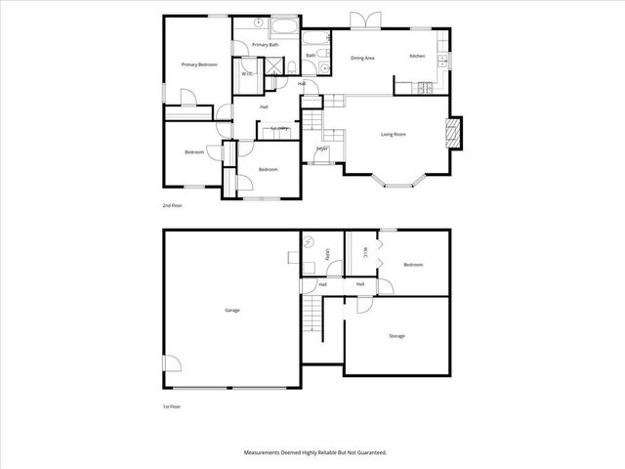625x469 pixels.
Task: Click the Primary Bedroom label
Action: (199, 64)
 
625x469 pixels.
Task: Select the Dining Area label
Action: (363, 57)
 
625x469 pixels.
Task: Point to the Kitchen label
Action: (417, 57)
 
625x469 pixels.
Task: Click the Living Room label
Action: (394, 134)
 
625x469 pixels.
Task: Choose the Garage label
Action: (232, 310)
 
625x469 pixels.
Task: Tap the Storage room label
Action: (396, 336)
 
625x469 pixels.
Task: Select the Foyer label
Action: (320, 149)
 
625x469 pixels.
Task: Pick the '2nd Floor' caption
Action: (172, 206)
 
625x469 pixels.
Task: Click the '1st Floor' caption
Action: (172, 405)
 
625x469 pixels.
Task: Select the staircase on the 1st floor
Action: (312, 317)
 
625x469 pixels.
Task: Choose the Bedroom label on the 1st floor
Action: (413, 264)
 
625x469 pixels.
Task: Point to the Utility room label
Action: (329, 256)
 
